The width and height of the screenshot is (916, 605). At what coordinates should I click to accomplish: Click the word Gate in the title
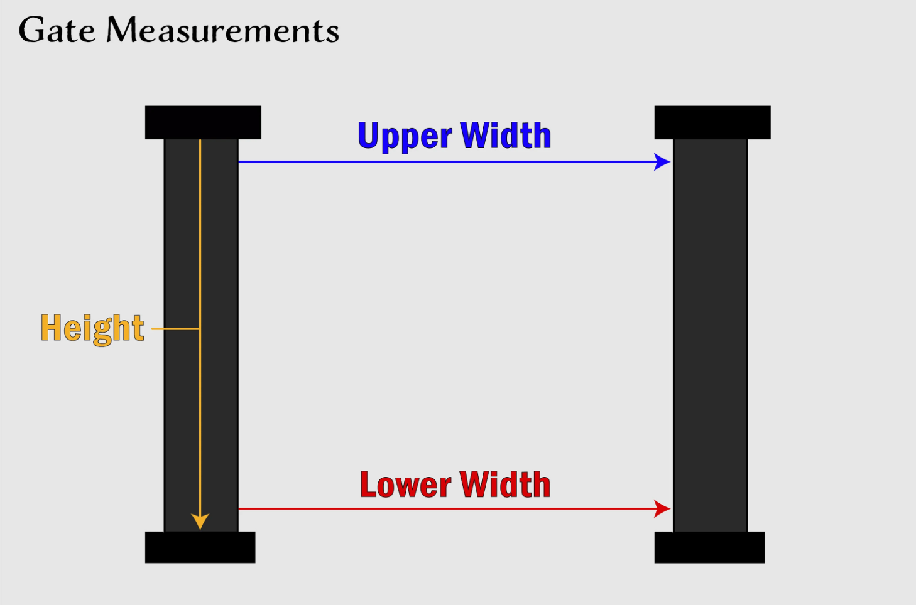(x=57, y=30)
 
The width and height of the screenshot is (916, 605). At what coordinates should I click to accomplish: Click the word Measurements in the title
(x=223, y=30)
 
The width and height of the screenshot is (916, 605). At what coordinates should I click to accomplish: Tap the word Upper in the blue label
(x=405, y=136)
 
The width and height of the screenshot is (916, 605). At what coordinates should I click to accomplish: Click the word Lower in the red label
(x=405, y=485)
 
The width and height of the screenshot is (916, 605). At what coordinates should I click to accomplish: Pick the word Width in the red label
(x=505, y=485)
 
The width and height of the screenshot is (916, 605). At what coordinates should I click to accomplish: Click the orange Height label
(x=92, y=328)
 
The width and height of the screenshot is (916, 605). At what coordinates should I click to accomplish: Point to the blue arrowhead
(x=662, y=162)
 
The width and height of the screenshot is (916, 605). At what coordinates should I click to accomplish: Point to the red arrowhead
(x=662, y=508)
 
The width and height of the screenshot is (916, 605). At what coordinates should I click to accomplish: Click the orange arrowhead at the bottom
(x=200, y=522)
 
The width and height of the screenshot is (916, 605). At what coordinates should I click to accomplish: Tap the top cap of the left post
(x=203, y=122)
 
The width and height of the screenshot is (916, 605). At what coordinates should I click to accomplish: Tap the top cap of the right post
(x=712, y=122)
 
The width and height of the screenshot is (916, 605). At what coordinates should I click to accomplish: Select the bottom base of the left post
(x=200, y=547)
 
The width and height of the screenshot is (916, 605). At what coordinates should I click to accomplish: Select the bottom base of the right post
(x=709, y=547)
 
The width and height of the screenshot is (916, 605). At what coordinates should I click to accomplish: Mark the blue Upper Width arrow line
(x=440, y=162)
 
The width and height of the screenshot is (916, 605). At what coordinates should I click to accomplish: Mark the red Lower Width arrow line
(x=440, y=508)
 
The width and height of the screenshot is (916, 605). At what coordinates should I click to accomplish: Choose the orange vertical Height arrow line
(x=200, y=251)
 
